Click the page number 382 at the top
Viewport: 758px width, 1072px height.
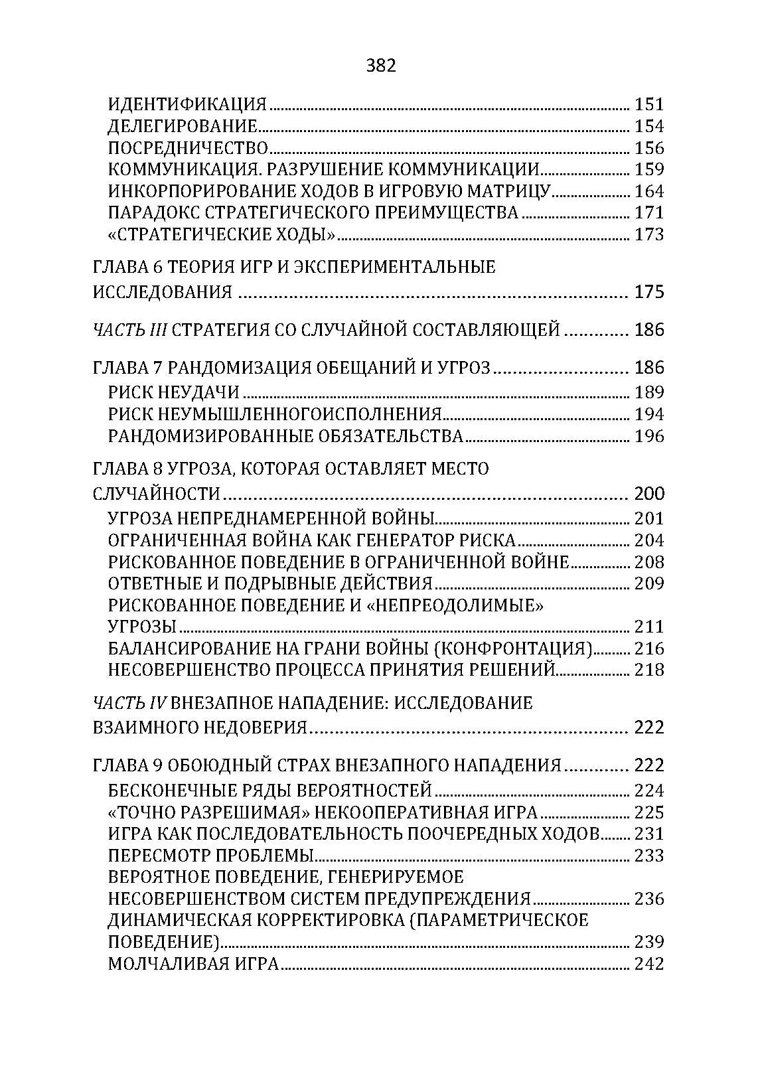(380, 66)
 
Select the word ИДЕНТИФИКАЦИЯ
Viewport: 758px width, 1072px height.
(187, 104)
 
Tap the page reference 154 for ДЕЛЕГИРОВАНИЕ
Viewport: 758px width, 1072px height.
(649, 126)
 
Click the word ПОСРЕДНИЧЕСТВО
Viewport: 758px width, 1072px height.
(188, 148)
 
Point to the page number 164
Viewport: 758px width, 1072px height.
(649, 191)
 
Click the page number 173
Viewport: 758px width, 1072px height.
(649, 234)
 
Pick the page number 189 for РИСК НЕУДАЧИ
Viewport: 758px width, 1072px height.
(649, 392)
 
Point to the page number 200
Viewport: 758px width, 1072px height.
(649, 494)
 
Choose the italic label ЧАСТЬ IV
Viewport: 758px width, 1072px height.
(132, 703)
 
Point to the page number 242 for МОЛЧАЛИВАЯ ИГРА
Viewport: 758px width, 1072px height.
(649, 964)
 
